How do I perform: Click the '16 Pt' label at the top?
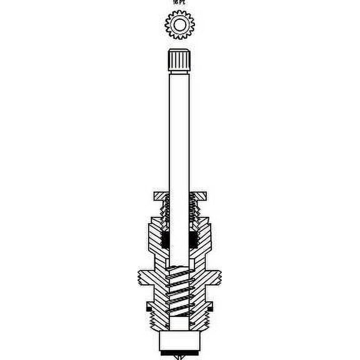coord(179,2)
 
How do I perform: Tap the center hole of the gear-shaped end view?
coord(179,25)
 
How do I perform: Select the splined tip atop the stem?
coord(179,61)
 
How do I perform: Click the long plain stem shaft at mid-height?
coord(179,137)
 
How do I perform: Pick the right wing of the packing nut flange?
coord(201,196)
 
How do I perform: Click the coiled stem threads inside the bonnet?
coord(179,291)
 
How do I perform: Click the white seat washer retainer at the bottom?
coord(179,341)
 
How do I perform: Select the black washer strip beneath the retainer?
coord(179,352)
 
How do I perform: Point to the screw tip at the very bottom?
coord(179,357)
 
